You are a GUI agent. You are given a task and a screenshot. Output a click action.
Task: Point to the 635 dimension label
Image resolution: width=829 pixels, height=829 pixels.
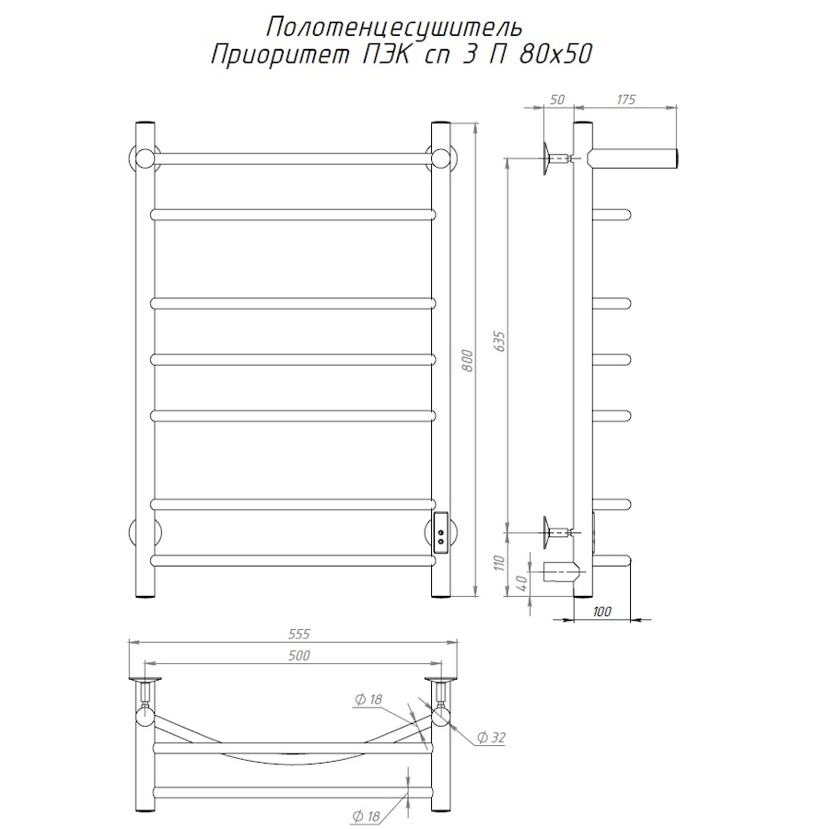point(499,342)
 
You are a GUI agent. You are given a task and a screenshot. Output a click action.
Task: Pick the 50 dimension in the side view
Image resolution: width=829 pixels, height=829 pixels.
point(555,99)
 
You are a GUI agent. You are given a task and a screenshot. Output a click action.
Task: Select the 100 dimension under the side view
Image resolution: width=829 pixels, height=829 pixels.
point(603,612)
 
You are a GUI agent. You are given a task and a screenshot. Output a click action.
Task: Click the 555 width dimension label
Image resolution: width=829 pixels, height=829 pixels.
point(298,634)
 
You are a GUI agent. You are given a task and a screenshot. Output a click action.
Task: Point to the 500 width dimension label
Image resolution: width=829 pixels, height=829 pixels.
point(298,655)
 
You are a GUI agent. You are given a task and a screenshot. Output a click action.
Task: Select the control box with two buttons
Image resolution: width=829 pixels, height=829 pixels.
point(441,533)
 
